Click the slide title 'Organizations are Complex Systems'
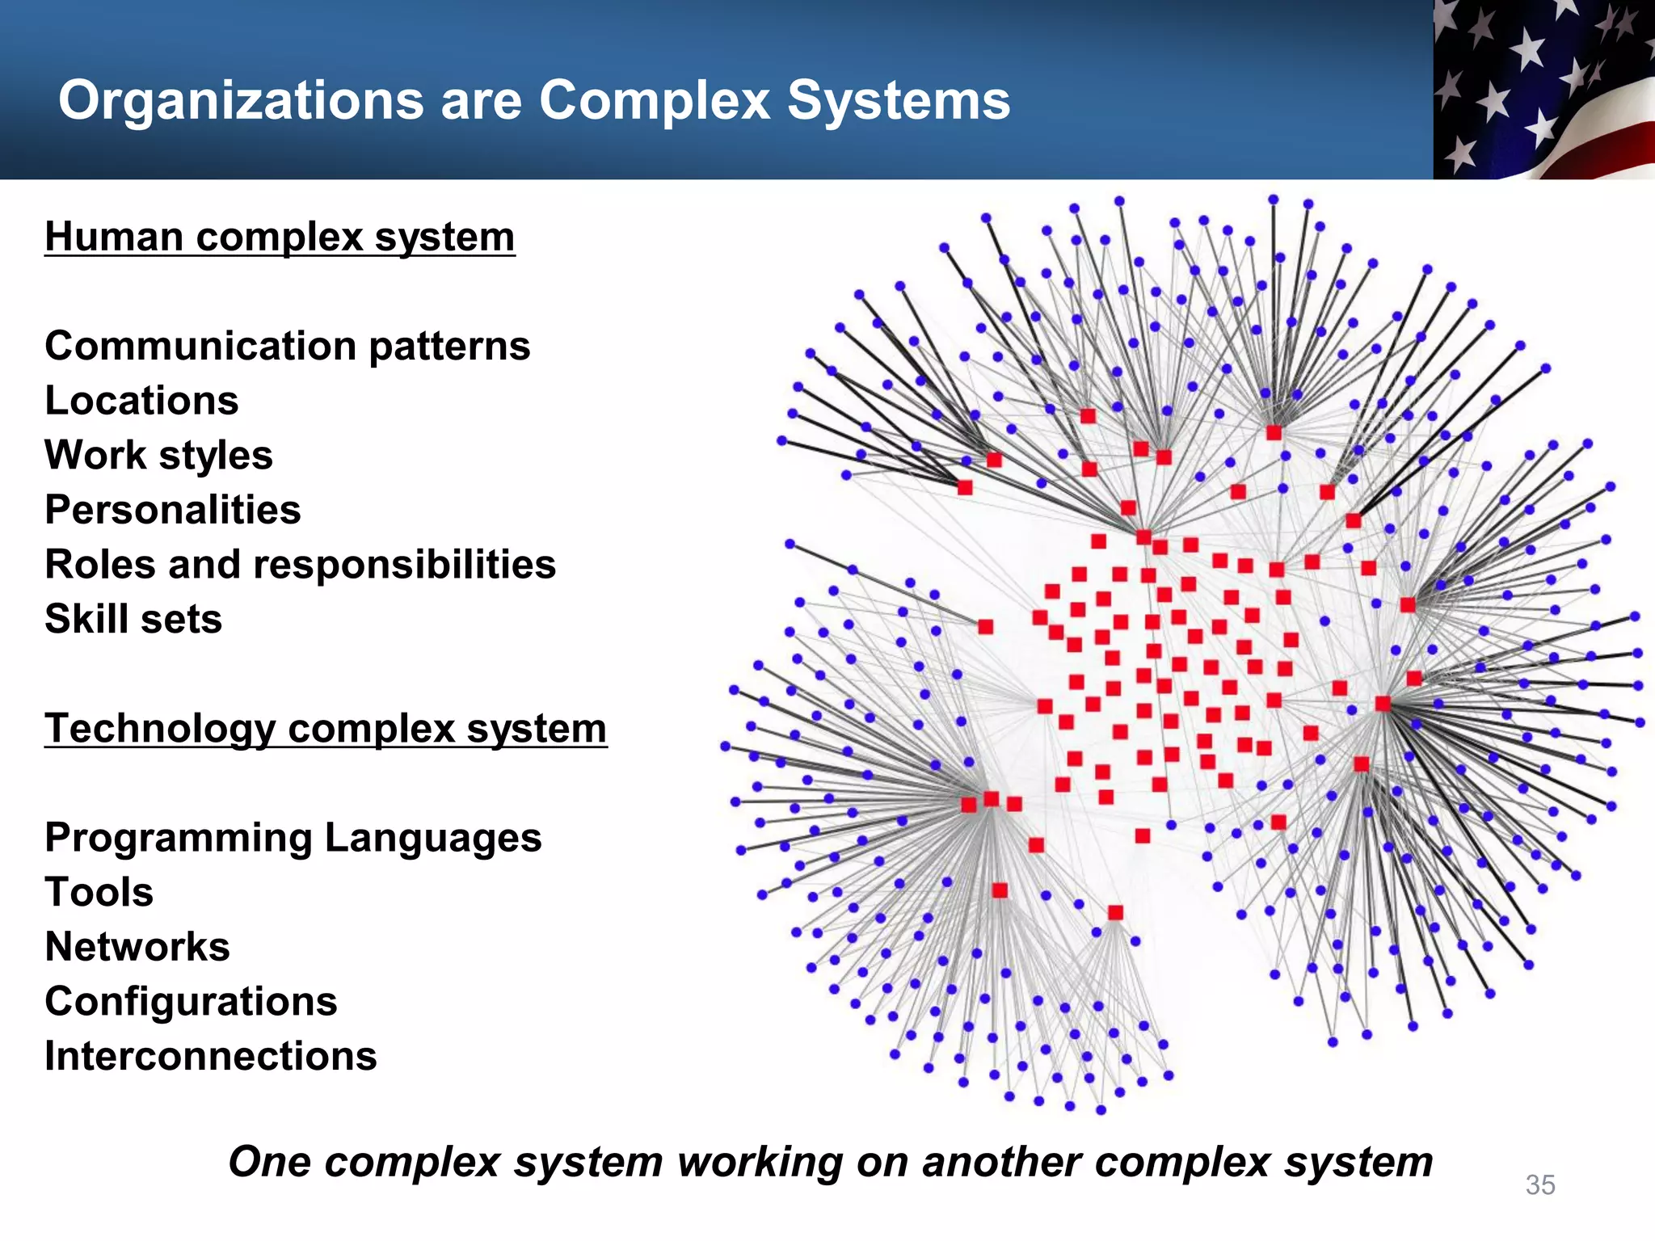coord(533,101)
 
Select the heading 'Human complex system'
coord(280,238)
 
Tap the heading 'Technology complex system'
coord(326,729)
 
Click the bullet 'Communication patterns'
coord(288,347)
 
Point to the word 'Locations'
coord(141,401)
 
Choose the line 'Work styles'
coord(158,456)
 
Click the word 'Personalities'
coord(173,511)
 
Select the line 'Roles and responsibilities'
coord(300,565)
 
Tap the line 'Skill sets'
coord(133,620)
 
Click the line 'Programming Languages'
coord(293,838)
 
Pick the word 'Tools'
coord(99,893)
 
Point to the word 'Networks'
coord(137,947)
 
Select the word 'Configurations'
coord(191,1002)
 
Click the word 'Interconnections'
coord(211,1057)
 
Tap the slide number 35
coord(1540,1184)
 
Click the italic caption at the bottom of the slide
coord(830,1163)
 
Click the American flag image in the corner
coord(1543,89)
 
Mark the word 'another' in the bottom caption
coord(1000,1163)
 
